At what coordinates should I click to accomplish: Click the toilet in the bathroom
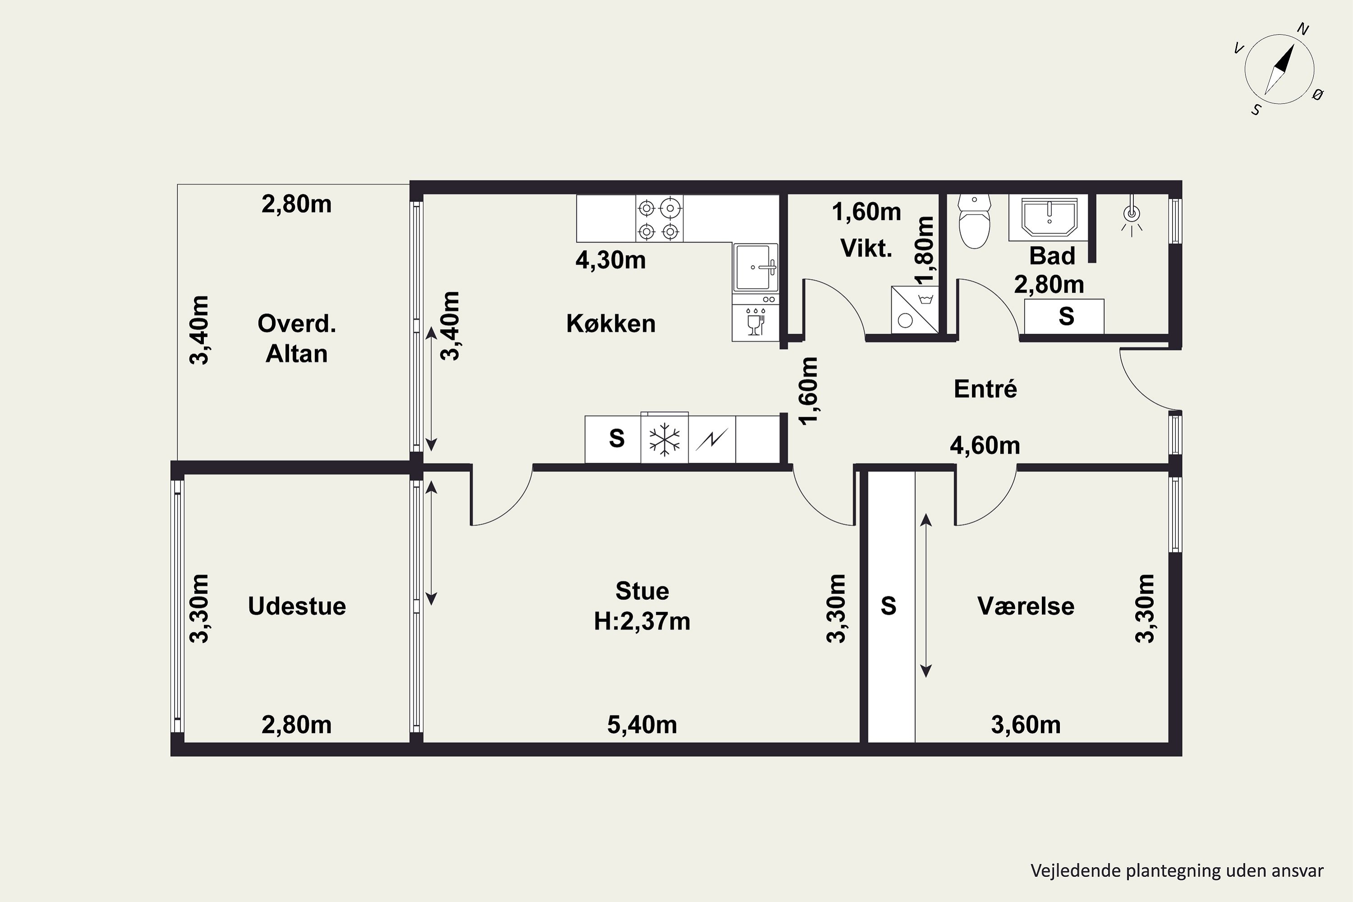pos(975,221)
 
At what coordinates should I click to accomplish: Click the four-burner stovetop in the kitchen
pos(659,219)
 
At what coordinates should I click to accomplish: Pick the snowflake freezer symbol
pos(664,439)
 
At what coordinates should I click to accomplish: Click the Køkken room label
pos(611,323)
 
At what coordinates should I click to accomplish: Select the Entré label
pos(985,389)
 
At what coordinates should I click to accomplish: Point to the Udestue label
pos(297,606)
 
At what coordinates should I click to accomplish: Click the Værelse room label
pos(1026,606)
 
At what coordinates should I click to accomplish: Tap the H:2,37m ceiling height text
pos(642,621)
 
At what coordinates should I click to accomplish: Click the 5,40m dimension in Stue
pos(642,725)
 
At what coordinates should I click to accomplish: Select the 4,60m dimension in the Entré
pos(985,445)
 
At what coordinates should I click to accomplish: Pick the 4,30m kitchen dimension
pos(610,260)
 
